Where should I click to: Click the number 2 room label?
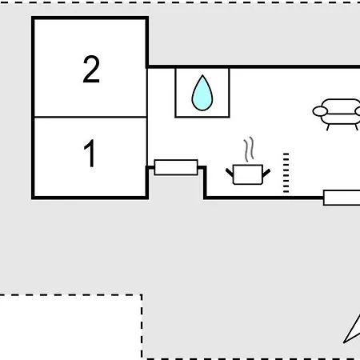(91, 69)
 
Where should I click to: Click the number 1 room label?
(90, 153)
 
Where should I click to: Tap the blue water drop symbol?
(202, 93)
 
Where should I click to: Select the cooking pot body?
(248, 174)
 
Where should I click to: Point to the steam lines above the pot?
(249, 150)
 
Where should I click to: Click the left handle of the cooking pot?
(230, 173)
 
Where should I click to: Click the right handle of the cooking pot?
(266, 173)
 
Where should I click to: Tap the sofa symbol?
(338, 114)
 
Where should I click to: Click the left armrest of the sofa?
(320, 111)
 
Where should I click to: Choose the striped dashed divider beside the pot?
(286, 173)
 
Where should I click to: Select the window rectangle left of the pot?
(176, 167)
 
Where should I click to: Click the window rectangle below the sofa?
(342, 198)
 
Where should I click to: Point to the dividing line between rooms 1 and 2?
(90, 117)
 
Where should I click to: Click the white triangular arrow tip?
(352, 330)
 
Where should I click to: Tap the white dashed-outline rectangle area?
(70, 327)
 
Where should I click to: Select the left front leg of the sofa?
(328, 127)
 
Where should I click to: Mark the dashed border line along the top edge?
(180, 2)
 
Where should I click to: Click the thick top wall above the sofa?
(254, 66)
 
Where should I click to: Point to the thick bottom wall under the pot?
(264, 198)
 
